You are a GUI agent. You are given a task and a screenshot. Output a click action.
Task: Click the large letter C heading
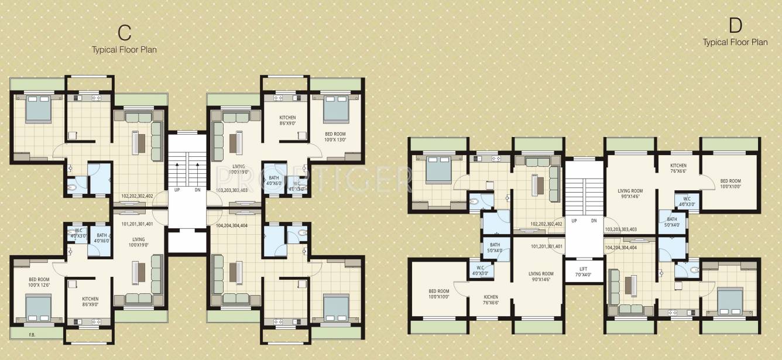(x=124, y=33)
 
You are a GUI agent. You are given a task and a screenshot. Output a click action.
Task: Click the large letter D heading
(x=735, y=25)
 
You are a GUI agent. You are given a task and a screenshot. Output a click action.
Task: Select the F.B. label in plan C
(x=32, y=335)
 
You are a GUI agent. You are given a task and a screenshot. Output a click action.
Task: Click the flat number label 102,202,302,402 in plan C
(x=137, y=196)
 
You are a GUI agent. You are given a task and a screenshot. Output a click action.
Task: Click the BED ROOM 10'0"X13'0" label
(x=335, y=137)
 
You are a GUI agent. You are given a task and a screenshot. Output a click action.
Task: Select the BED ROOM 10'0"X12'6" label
(x=39, y=283)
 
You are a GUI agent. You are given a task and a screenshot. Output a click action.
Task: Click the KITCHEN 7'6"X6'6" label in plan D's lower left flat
(x=491, y=300)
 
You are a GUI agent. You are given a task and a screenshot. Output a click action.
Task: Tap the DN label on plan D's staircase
(x=594, y=221)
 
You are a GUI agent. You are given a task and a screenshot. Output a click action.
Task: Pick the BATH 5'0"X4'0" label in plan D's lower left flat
(x=495, y=248)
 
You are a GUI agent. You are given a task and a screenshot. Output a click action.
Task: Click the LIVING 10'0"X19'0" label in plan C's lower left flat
(x=138, y=242)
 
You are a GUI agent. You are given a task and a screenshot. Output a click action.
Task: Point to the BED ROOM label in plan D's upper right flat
(x=730, y=184)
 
